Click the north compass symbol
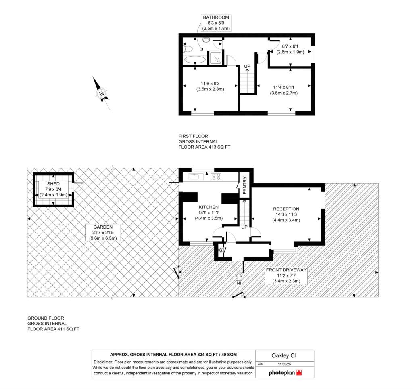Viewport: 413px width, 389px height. pyautogui.click(x=101, y=93)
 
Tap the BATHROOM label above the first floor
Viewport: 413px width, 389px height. pyautogui.click(x=216, y=17)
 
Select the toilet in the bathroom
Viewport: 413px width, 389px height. pyautogui.click(x=188, y=49)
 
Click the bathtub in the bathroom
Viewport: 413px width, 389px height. pyautogui.click(x=195, y=59)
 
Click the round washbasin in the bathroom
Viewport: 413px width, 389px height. pyautogui.click(x=206, y=40)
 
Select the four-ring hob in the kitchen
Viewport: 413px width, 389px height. pyautogui.click(x=216, y=177)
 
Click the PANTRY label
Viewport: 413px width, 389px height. pyautogui.click(x=244, y=185)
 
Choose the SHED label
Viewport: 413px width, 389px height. pyautogui.click(x=54, y=184)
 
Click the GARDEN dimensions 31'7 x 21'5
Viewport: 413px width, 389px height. pyautogui.click(x=103, y=233)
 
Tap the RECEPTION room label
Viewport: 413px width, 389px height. pyautogui.click(x=286, y=209)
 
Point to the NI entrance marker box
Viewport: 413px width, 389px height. pyautogui.click(x=239, y=283)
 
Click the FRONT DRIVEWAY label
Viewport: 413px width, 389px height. pyautogui.click(x=286, y=270)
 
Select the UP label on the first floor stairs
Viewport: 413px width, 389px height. pyautogui.click(x=247, y=66)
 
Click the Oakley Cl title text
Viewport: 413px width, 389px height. pyautogui.click(x=284, y=355)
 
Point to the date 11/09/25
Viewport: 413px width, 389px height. pyautogui.click(x=284, y=364)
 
